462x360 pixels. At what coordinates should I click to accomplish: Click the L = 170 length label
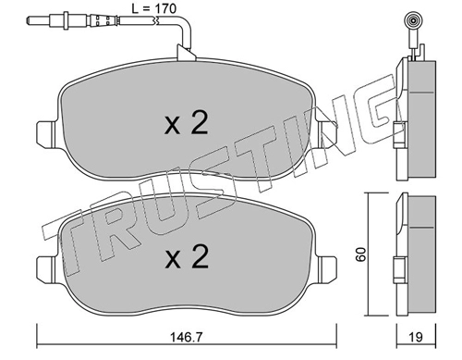154,8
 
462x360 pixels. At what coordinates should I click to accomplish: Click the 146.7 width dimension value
187,337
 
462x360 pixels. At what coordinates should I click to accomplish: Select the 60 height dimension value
360,254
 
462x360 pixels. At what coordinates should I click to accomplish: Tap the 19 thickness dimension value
416,337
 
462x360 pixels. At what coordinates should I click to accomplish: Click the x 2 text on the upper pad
187,123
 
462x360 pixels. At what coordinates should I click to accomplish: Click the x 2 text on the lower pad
187,256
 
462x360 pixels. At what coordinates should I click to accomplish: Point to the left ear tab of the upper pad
46,133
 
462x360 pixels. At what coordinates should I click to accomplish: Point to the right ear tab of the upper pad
327,133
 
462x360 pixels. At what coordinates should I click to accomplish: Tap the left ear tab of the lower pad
46,267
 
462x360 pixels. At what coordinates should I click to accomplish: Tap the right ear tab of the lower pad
327,267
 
